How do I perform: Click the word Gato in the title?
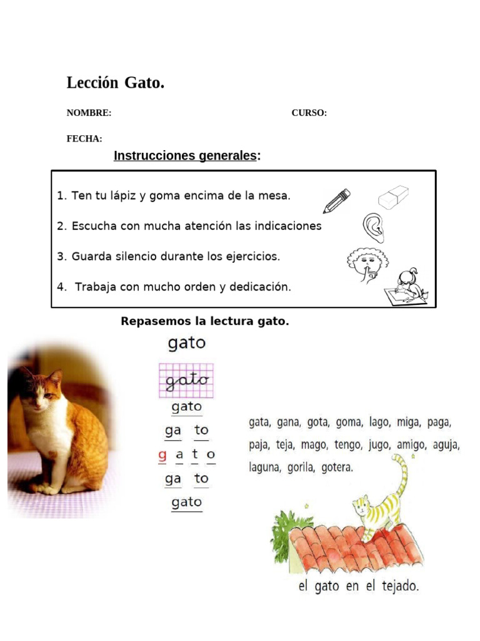[144, 83]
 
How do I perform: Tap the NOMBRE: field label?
[89, 113]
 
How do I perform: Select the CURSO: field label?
[309, 113]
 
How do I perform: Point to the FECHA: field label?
[84, 139]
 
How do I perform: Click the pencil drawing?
[336, 200]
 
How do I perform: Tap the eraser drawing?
[393, 197]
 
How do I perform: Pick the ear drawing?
[373, 227]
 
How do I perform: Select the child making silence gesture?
[367, 263]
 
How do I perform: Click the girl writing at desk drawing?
[407, 286]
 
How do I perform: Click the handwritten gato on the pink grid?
[186, 380]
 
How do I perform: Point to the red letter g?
[162, 455]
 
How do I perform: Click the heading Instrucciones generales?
[185, 156]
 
